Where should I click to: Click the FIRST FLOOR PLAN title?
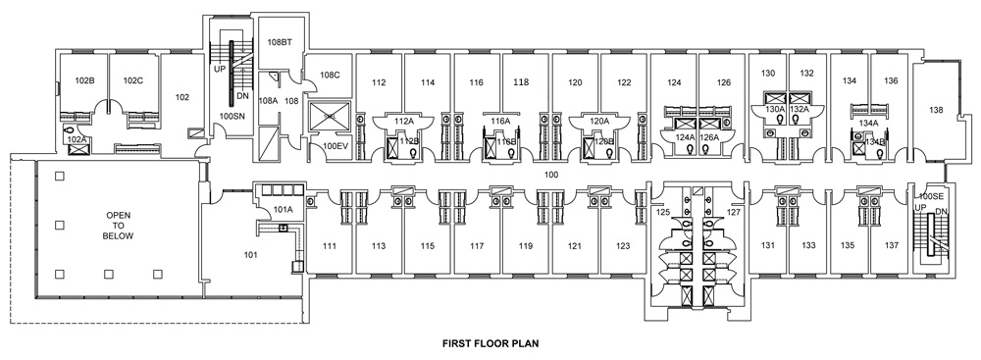490,344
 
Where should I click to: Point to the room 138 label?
937,111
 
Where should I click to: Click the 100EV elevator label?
336,146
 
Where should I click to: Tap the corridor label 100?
551,174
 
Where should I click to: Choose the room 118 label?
522,82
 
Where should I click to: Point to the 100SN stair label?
232,116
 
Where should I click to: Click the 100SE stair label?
929,197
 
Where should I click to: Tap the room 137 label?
891,245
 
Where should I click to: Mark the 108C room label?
329,75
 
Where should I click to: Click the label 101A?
283,208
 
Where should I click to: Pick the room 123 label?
623,245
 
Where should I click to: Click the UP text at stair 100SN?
220,70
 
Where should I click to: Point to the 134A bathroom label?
868,123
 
